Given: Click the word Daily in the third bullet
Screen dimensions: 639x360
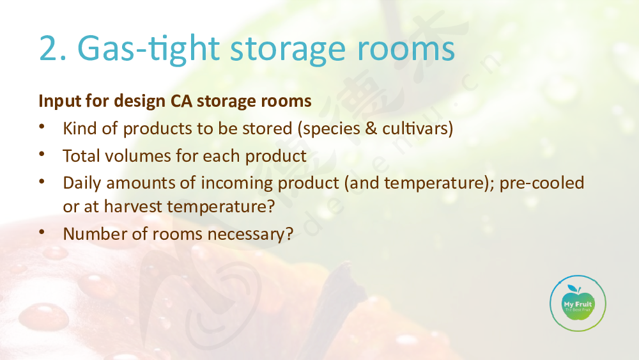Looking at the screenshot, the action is tap(82, 183).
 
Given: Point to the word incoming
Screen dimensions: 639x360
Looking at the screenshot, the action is tap(237, 184).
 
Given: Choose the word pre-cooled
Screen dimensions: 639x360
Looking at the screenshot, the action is tap(542, 183).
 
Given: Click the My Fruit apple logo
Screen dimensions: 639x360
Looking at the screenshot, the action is tap(578, 303).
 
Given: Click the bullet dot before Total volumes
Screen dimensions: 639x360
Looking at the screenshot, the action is tap(42, 154).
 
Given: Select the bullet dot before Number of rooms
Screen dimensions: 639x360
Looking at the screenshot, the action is tap(42, 232).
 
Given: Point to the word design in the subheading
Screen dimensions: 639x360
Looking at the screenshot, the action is tap(140, 101).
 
